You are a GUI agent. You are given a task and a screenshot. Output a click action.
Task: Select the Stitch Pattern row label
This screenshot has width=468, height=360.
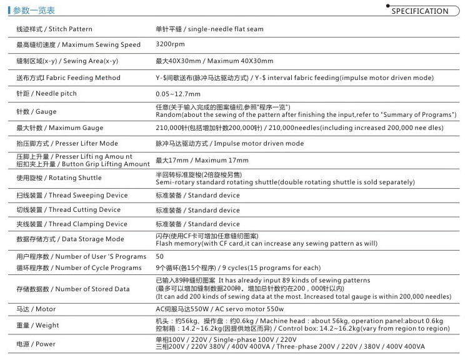coord(54,29)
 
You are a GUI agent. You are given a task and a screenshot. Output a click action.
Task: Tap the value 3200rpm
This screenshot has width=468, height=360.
coord(171,45)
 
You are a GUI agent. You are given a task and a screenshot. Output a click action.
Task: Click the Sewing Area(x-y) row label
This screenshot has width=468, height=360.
coord(67,61)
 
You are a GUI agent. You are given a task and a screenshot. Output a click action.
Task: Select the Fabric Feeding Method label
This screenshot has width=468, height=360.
coord(68,78)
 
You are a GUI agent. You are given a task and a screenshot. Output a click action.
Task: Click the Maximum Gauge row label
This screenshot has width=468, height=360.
coord(60,128)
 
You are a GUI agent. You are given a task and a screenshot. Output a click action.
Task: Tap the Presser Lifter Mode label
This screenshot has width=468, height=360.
coord(67,144)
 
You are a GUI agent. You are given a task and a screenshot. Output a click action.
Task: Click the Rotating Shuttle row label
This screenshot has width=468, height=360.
coord(59,178)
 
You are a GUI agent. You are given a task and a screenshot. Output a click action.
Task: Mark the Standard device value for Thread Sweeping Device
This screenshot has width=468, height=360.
coord(197,196)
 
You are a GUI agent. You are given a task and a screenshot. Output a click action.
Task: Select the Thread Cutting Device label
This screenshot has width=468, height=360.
coord(69,210)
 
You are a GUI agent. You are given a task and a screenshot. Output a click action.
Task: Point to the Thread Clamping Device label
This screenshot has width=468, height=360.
coord(72,224)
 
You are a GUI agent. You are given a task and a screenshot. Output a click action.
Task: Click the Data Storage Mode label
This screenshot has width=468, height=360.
coord(70,239)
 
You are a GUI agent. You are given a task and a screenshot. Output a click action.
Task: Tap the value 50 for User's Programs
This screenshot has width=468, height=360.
coord(160,257)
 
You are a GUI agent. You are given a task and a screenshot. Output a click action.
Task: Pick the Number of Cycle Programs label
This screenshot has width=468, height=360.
coord(79,268)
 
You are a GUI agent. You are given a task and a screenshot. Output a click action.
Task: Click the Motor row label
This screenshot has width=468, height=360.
coord(36,309)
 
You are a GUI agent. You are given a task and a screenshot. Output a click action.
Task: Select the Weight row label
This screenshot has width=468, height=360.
coord(38,326)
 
